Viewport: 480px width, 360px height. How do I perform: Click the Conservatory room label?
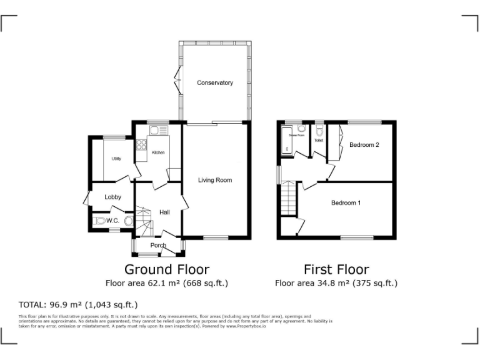(214, 82)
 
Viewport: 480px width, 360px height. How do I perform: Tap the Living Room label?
(215, 180)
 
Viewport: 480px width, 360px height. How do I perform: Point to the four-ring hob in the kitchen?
(141, 146)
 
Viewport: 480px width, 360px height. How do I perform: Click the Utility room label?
(116, 159)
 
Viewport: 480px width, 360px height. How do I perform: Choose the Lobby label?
(113, 197)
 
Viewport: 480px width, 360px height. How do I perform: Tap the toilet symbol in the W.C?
(100, 221)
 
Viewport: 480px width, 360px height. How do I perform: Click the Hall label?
(164, 212)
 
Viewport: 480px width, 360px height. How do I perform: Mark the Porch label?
(158, 246)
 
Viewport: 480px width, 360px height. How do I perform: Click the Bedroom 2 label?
(364, 145)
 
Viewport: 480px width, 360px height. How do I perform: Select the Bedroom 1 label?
(346, 202)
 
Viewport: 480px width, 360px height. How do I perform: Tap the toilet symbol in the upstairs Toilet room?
(319, 131)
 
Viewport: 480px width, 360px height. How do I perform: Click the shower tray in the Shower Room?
(291, 142)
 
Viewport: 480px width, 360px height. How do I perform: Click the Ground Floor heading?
(166, 269)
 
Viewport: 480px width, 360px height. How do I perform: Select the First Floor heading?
(336, 269)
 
